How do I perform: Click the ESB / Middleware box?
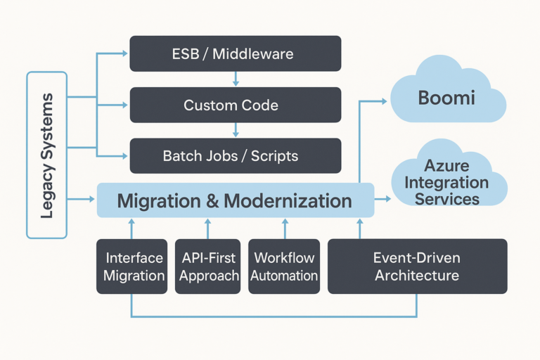point(236,53)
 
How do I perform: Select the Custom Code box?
point(236,105)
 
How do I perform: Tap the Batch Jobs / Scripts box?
point(236,156)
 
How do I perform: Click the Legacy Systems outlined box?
point(46,155)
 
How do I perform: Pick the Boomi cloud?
point(446,97)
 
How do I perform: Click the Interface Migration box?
point(134,266)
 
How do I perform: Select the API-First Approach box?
point(209,266)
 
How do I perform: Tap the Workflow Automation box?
point(284,266)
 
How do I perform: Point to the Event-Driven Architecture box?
point(417,266)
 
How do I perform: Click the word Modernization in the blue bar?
point(288,201)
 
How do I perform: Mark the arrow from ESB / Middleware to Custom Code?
point(236,79)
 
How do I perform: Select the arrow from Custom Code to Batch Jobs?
point(236,130)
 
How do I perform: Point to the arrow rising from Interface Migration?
point(131,228)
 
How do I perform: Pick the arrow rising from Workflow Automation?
point(285,228)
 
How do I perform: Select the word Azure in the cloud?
point(446,167)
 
